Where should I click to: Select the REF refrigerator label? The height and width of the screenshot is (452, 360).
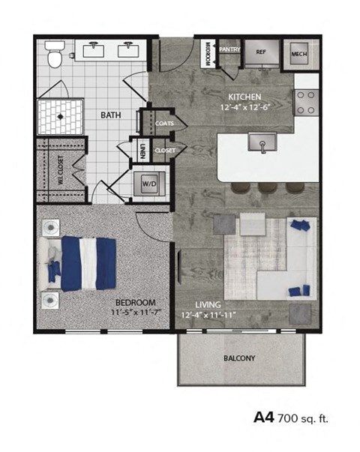tap(262, 52)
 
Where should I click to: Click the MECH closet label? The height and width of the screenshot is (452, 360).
tap(304, 53)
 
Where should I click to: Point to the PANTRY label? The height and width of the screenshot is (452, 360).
tap(229, 50)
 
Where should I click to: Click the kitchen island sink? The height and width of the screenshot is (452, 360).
tap(262, 142)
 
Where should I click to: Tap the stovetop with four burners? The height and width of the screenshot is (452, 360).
tap(306, 101)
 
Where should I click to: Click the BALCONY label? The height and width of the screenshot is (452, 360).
tap(239, 358)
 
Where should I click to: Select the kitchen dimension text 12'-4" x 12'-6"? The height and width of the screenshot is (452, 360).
tap(245, 108)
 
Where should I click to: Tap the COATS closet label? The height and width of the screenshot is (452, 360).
tap(164, 121)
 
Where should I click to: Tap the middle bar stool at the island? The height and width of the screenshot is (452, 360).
tap(266, 187)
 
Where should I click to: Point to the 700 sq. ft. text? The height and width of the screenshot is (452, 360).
tap(303, 418)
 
